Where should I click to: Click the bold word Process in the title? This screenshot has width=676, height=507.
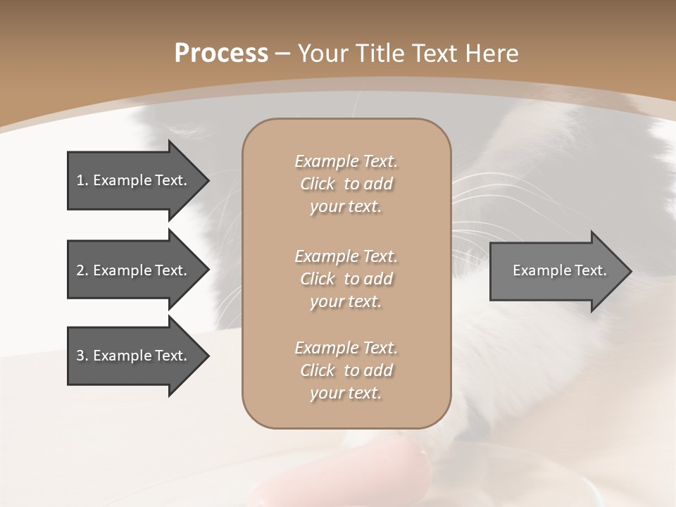tap(221, 54)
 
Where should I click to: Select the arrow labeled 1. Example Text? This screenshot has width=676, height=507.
tap(134, 180)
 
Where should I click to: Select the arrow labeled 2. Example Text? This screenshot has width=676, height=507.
tap(134, 270)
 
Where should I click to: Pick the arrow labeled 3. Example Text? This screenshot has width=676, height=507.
tap(134, 356)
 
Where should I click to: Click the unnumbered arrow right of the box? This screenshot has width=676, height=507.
tap(556, 270)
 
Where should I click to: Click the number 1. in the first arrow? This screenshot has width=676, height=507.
tap(82, 180)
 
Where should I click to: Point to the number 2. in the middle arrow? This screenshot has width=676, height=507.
tap(82, 270)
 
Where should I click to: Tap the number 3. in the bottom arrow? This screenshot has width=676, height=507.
tap(82, 356)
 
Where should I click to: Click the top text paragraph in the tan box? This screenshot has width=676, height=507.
tap(346, 184)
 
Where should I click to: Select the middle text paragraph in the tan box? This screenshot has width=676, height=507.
tap(346, 279)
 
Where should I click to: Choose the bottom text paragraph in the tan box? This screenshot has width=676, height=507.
tap(346, 370)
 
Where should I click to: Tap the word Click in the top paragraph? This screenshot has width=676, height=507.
tap(317, 184)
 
